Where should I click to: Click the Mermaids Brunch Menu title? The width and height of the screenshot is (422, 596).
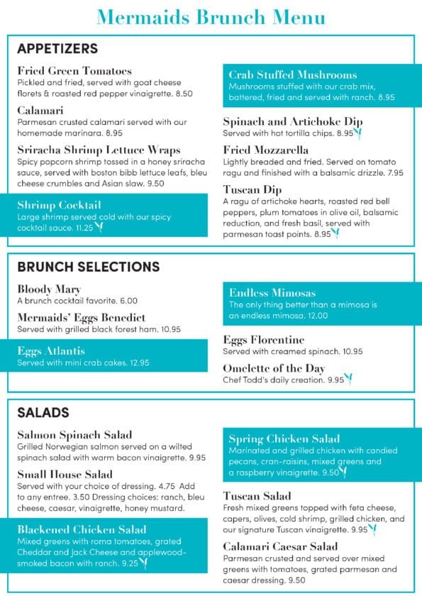coord(211,16)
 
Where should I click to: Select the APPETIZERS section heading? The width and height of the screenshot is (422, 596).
coord(57,49)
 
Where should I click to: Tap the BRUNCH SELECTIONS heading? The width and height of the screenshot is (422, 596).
coord(89,267)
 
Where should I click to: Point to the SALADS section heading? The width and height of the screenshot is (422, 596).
coord(43,412)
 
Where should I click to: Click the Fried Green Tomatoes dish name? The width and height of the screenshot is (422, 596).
coord(74,71)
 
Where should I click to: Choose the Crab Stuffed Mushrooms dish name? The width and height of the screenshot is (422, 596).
coord(292,74)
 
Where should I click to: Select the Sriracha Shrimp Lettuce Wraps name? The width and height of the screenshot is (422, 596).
coord(99,150)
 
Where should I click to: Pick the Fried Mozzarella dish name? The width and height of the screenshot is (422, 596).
coord(265,150)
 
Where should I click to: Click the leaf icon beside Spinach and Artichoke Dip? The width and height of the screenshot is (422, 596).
coord(357,133)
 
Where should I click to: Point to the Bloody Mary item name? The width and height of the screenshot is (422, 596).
coord(49,289)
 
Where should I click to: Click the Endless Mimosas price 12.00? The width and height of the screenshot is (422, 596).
coord(316,316)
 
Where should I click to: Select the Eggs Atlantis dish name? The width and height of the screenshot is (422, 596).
coord(51,351)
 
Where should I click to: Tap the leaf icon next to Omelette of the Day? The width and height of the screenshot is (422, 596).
coord(348,379)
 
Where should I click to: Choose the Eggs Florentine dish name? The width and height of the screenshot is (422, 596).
coord(263,340)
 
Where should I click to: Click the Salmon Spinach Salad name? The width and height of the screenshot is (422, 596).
coord(74,435)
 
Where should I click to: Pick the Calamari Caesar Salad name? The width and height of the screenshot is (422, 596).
coord(280,546)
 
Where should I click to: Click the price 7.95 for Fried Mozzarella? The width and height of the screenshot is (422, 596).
coord(395,172)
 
